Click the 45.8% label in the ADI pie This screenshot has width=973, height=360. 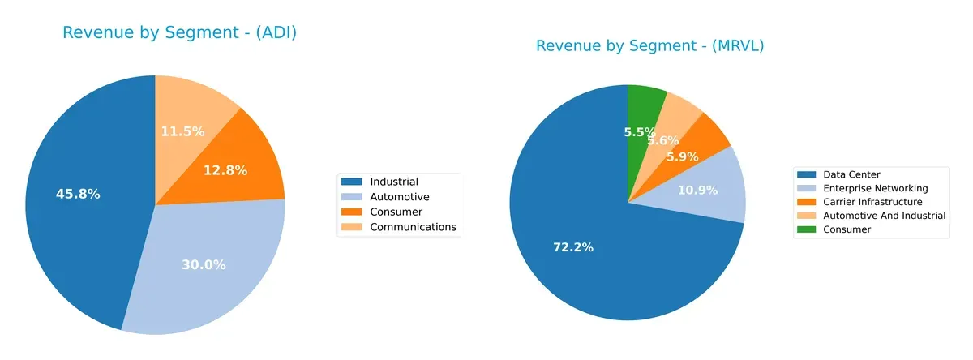tap(78, 195)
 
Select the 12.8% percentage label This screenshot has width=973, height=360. tap(225, 170)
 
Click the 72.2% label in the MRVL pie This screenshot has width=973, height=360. tap(572, 246)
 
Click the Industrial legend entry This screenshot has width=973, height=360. tap(393, 181)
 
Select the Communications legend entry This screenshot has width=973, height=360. tap(413, 227)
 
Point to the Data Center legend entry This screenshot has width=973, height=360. tap(851, 174)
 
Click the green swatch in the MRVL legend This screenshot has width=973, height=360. tap(808, 229)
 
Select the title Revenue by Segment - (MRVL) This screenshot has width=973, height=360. tap(649, 46)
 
